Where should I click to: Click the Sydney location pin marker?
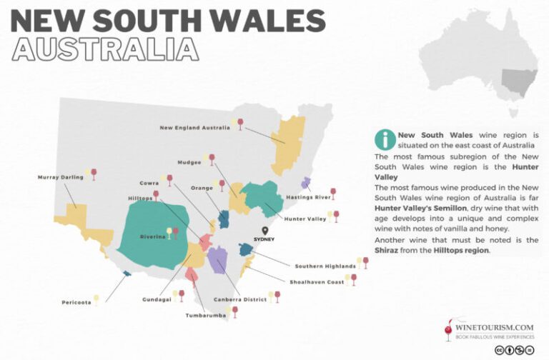[x=264, y=231]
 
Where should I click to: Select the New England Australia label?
[x=194, y=128]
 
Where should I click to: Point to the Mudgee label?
[x=189, y=162]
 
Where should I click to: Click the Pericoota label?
[x=76, y=302]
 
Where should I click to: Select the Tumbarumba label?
[x=206, y=315]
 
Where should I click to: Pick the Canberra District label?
[x=240, y=299]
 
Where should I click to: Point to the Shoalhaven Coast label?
[x=316, y=282]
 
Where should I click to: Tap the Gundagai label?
[x=155, y=299]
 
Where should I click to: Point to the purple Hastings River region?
[x=306, y=183]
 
